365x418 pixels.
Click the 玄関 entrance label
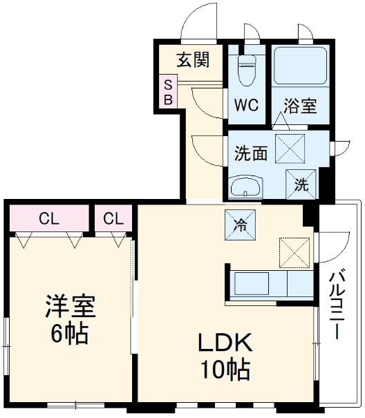point(193,59)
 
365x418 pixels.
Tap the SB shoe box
point(168,92)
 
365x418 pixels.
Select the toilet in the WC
point(246,69)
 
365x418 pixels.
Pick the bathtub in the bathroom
point(299,66)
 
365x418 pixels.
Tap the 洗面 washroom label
point(250,153)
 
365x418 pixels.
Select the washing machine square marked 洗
point(301,183)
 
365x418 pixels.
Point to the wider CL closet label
point(48,220)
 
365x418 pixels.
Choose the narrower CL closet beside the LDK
point(113,220)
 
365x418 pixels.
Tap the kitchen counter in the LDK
point(270,283)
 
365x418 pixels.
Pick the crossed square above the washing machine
point(291,147)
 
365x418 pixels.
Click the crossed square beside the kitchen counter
point(294,252)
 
